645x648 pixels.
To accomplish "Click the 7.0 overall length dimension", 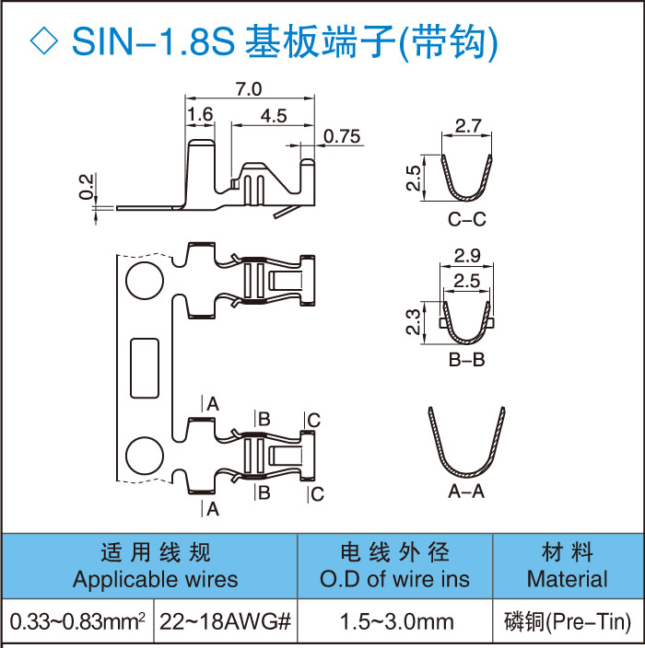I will [x=249, y=89].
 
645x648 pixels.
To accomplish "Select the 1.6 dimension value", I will [x=200, y=115].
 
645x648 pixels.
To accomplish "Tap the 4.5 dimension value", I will [x=274, y=115].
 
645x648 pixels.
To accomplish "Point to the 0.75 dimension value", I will [x=342, y=137].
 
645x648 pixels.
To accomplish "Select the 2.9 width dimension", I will [x=468, y=253].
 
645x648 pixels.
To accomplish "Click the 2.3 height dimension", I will [x=414, y=322].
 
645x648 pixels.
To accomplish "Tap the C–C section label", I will [x=466, y=221].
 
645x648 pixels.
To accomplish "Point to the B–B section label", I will [x=466, y=360].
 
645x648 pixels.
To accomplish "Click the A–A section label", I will [x=466, y=492].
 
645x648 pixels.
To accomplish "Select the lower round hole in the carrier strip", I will [x=144, y=456].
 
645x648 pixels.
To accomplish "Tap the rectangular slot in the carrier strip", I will [x=145, y=367].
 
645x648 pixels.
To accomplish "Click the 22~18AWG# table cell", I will [x=226, y=622].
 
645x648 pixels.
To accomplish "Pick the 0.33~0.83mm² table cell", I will [x=77, y=622].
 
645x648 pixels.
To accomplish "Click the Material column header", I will [x=567, y=565].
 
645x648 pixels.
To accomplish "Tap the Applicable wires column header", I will [x=155, y=565].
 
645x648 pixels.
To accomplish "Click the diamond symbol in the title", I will [x=44, y=40].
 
